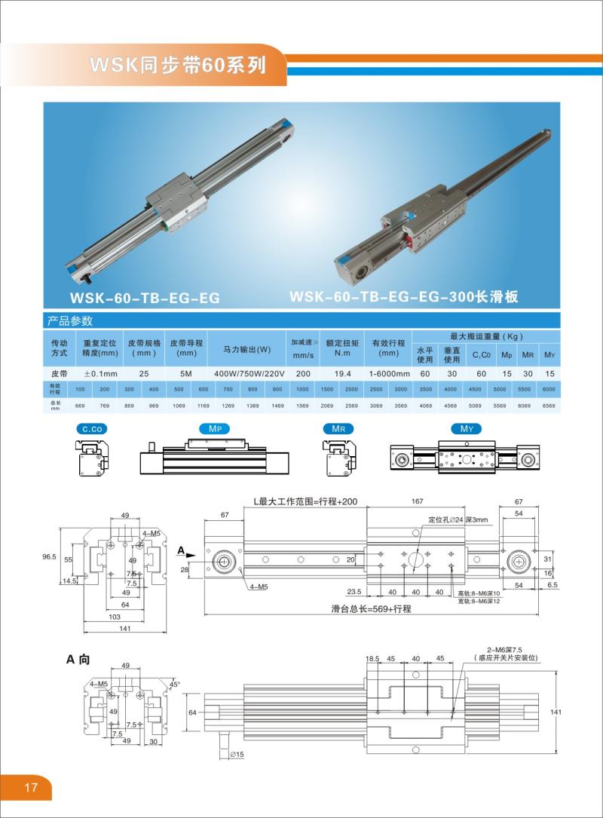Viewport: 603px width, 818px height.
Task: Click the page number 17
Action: coord(31,788)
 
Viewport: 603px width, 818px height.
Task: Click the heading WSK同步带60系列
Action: coord(178,65)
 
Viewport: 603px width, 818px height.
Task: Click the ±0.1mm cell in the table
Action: coord(100,372)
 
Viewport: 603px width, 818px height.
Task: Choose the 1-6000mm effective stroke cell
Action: coord(389,372)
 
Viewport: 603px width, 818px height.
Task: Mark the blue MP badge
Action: coord(213,429)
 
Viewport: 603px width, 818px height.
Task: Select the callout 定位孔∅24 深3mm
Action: coord(458,520)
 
